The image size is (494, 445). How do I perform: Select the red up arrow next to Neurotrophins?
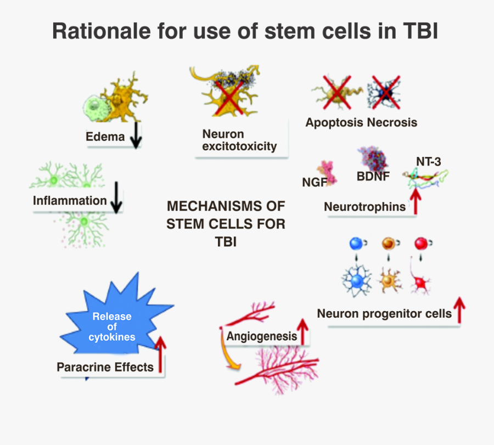[x=416, y=201]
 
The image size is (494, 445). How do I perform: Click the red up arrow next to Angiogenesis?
[x=302, y=331]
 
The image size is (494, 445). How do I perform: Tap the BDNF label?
[x=373, y=177]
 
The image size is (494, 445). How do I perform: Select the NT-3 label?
[x=428, y=161]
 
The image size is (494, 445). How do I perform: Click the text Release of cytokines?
[x=112, y=326]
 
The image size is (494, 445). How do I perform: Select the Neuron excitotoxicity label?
[x=239, y=140]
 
